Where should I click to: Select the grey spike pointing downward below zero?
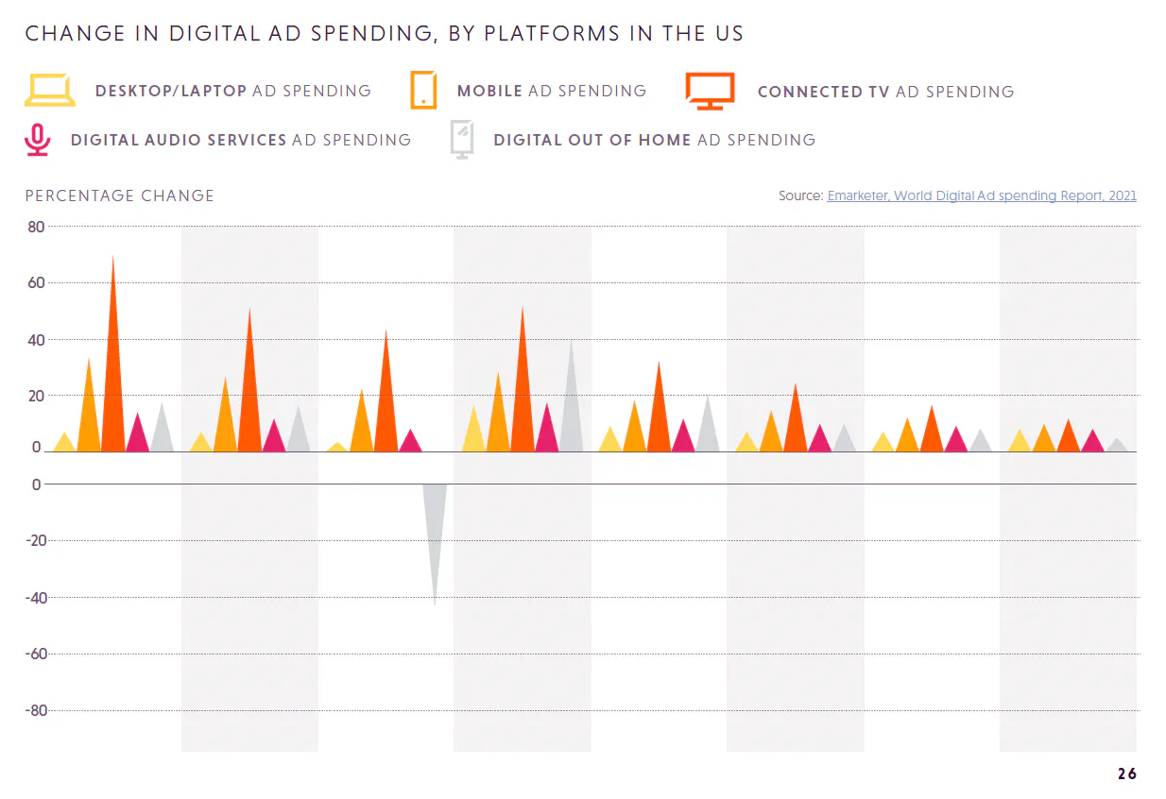point(435,529)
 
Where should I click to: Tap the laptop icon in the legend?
point(49,90)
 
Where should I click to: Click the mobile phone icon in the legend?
point(423,91)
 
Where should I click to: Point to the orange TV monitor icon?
point(710,91)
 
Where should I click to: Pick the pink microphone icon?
point(37,140)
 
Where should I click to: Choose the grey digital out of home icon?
point(462,140)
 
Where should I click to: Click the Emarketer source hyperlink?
point(982,195)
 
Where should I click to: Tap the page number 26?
point(1126,774)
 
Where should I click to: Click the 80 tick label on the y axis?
point(36,227)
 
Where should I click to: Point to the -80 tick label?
point(33,710)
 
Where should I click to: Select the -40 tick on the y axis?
point(33,598)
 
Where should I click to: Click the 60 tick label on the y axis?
point(36,282)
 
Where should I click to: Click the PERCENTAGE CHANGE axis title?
point(120,195)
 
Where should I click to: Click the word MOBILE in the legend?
point(489,92)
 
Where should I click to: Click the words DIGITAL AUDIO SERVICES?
point(179,140)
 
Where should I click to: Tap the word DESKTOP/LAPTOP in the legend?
point(171,92)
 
